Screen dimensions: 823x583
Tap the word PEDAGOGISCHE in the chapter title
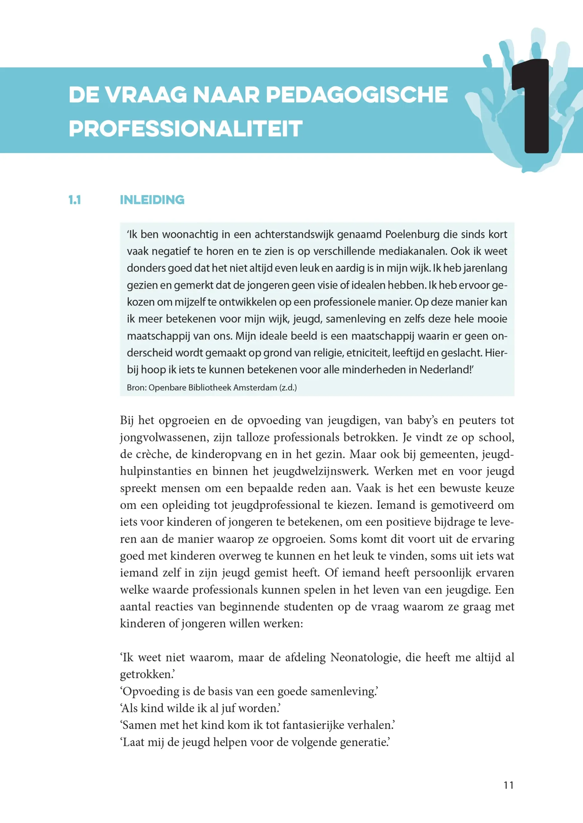click(357, 95)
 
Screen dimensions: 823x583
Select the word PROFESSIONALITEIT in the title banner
click(186, 129)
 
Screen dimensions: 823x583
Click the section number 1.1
click(75, 200)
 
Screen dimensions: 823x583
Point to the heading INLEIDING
click(152, 200)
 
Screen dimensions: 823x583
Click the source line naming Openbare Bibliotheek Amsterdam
click(212, 388)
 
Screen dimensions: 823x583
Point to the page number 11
click(508, 786)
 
